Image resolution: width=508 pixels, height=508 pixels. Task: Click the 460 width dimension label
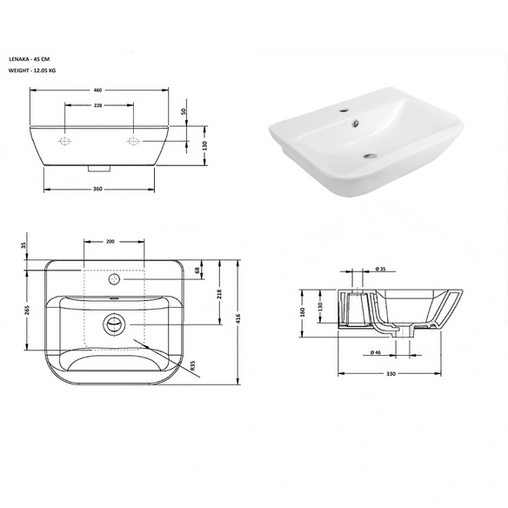pyautogui.click(x=97, y=90)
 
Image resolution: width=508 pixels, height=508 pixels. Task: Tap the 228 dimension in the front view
pyautogui.click(x=97, y=105)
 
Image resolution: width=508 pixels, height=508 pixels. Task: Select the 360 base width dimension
pyautogui.click(x=97, y=189)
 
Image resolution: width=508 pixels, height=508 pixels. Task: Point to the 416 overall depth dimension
pyautogui.click(x=238, y=318)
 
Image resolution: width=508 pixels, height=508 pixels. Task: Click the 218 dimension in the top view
pyautogui.click(x=220, y=294)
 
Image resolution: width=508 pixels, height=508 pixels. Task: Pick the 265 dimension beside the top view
pyautogui.click(x=27, y=310)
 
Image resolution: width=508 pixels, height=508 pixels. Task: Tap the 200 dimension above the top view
pyautogui.click(x=110, y=241)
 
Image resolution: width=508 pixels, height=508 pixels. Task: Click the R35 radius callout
pyautogui.click(x=193, y=365)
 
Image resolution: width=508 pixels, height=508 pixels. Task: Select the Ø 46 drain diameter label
pyautogui.click(x=376, y=352)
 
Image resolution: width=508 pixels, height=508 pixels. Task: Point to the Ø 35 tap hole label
pyautogui.click(x=381, y=269)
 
